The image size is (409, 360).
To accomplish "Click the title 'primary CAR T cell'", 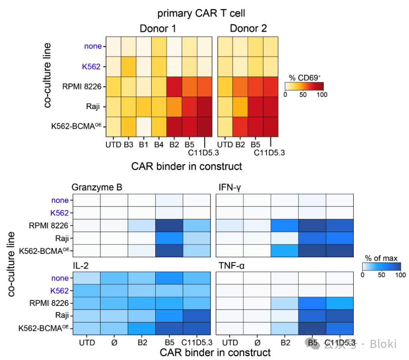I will pos(201,14).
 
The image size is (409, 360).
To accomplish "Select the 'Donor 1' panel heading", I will pos(158,29).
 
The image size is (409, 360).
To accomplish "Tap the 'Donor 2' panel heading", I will pos(248,29).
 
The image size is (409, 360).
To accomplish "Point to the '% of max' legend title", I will pos(381,258).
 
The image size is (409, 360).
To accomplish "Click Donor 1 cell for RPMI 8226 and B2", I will pos(174,86).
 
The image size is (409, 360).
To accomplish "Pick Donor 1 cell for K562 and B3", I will pos(129,66).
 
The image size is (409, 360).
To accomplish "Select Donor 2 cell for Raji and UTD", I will pos(226,106).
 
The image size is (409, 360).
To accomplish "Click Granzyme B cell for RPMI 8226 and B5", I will pos(169,225).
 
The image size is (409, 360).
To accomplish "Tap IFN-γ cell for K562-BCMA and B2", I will pos(284,250).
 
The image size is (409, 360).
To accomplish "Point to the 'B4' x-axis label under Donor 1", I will pos(158,145).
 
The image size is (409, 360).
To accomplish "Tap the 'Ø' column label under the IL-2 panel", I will pos(114,343).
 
